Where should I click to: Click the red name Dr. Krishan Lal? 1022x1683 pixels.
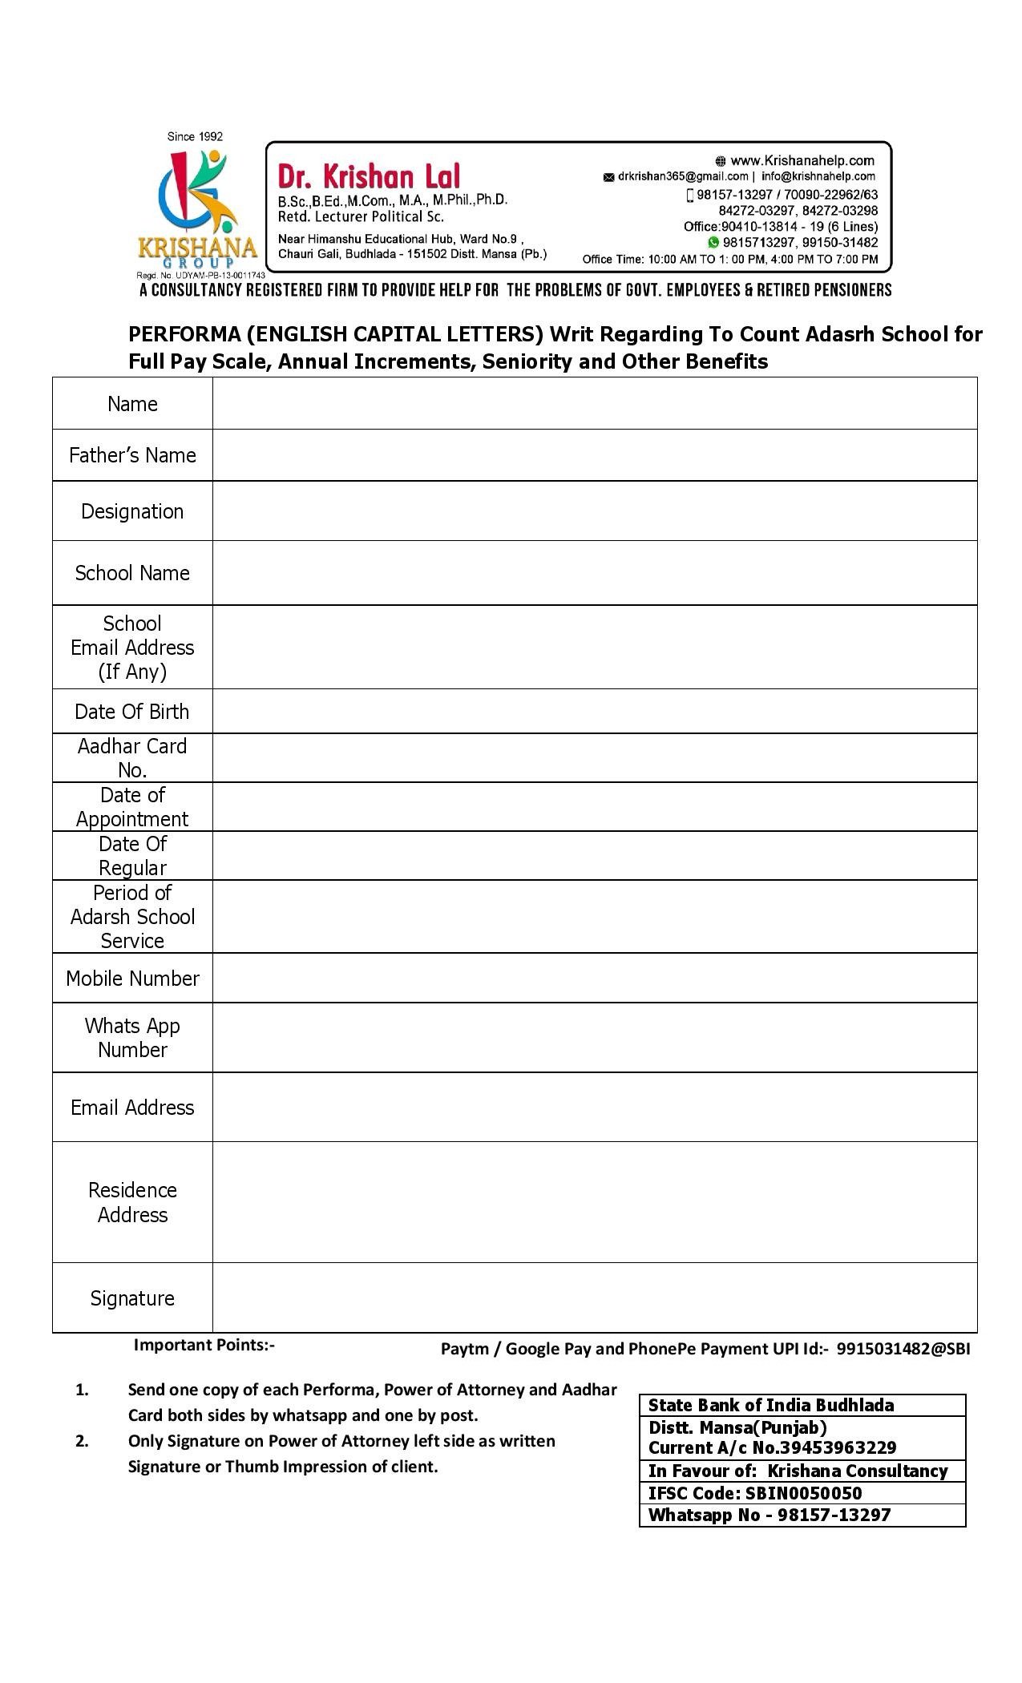pyautogui.click(x=369, y=176)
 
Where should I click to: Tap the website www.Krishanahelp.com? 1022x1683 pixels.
pyautogui.click(x=802, y=160)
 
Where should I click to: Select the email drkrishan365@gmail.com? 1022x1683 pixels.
pyautogui.click(x=682, y=176)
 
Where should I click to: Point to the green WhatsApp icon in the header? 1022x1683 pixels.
pyautogui.click(x=713, y=242)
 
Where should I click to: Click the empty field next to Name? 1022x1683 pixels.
pyautogui.click(x=594, y=403)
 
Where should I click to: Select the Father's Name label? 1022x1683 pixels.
pyautogui.click(x=132, y=455)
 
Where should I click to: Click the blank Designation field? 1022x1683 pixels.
pyautogui.click(x=594, y=511)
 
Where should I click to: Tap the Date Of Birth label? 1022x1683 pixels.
pyautogui.click(x=132, y=712)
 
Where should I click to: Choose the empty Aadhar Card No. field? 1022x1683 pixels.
pyautogui.click(x=594, y=757)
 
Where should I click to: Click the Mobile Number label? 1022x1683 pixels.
pyautogui.click(x=132, y=979)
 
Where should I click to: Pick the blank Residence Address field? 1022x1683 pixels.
pyautogui.click(x=594, y=1202)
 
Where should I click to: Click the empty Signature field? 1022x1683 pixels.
pyautogui.click(x=594, y=1298)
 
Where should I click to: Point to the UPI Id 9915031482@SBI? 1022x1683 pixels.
pyautogui.click(x=903, y=1349)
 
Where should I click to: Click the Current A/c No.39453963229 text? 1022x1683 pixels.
pyautogui.click(x=772, y=1447)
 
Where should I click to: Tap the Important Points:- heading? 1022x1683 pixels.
pyautogui.click(x=204, y=1345)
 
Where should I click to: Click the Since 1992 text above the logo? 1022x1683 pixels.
pyautogui.click(x=195, y=136)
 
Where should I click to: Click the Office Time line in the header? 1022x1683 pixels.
pyautogui.click(x=729, y=259)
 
